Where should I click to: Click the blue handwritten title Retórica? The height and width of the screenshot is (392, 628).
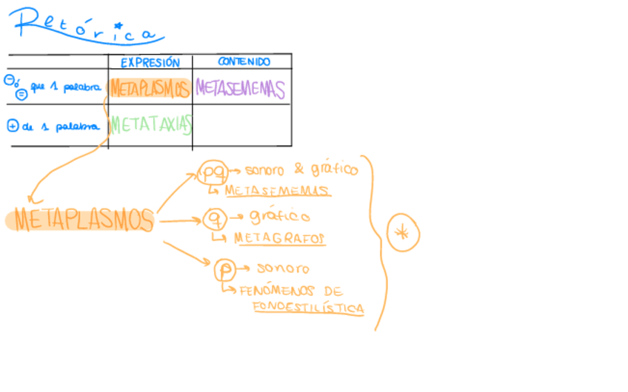pyautogui.click(x=85, y=27)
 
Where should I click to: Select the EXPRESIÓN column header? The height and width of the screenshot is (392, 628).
pyautogui.click(x=150, y=63)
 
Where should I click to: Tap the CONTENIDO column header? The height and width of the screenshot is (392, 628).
pyautogui.click(x=244, y=62)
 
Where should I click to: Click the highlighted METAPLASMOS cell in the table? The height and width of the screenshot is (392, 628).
pyautogui.click(x=150, y=89)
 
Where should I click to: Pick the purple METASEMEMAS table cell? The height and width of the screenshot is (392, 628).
pyautogui.click(x=240, y=89)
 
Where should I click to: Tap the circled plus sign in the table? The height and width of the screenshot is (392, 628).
pyautogui.click(x=12, y=126)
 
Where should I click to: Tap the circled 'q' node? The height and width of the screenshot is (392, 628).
pyautogui.click(x=214, y=218)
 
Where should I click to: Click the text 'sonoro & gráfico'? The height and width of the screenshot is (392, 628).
pyautogui.click(x=301, y=169)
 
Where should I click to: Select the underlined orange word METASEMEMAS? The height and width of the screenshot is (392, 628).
pyautogui.click(x=277, y=191)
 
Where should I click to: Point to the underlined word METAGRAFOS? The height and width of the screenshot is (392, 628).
pyautogui.click(x=279, y=239)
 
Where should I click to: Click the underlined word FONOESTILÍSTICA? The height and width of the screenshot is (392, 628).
pyautogui.click(x=308, y=307)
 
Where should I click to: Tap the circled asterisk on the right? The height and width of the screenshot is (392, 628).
pyautogui.click(x=403, y=233)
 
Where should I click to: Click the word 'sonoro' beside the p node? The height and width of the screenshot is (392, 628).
pyautogui.click(x=282, y=268)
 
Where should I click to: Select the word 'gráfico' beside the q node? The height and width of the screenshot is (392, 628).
pyautogui.click(x=278, y=217)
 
